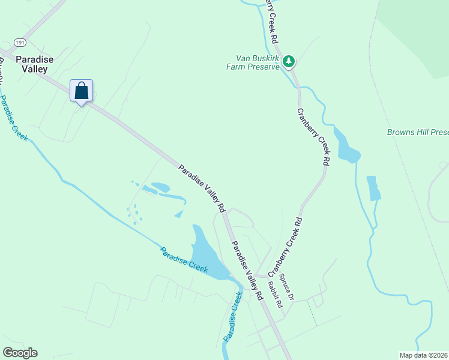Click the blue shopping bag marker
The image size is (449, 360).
[x=82, y=91]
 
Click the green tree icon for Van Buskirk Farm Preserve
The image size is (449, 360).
[x=289, y=61]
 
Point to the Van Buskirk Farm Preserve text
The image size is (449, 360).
[x=258, y=63]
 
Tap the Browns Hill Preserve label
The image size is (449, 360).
[x=418, y=132]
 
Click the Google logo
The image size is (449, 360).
[x=20, y=352]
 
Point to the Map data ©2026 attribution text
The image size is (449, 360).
[x=423, y=355]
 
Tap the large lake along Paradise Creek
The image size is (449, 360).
[x=208, y=252]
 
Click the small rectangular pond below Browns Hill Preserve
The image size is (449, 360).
[x=373, y=188]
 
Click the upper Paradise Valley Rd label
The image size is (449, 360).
[x=202, y=188]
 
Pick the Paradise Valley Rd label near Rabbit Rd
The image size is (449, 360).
[x=247, y=271]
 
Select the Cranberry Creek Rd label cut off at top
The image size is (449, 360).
[x=271, y=21]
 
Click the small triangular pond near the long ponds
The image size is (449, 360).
[x=179, y=214]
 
